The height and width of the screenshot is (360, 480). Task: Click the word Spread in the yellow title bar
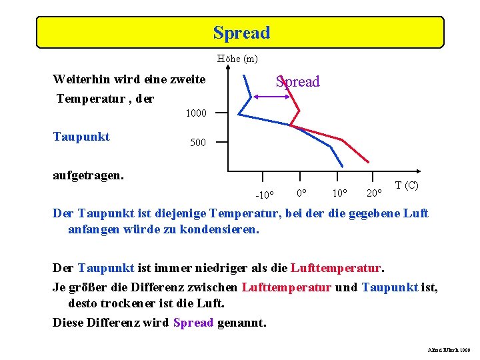tap(241, 33)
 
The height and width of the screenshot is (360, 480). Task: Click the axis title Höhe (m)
tap(237, 59)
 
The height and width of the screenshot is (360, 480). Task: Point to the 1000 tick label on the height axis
tap(196, 113)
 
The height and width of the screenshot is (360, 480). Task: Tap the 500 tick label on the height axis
tap(197, 143)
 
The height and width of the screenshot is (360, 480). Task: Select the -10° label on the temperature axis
tap(265, 195)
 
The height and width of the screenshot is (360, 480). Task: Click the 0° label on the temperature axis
tap(301, 193)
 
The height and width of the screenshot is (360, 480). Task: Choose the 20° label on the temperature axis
tap(374, 193)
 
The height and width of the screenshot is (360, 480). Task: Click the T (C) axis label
tap(406, 185)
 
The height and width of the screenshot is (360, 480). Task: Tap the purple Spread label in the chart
tap(298, 81)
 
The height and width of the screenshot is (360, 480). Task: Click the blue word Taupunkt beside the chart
tap(81, 137)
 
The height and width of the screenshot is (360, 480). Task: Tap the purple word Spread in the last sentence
tap(193, 323)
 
